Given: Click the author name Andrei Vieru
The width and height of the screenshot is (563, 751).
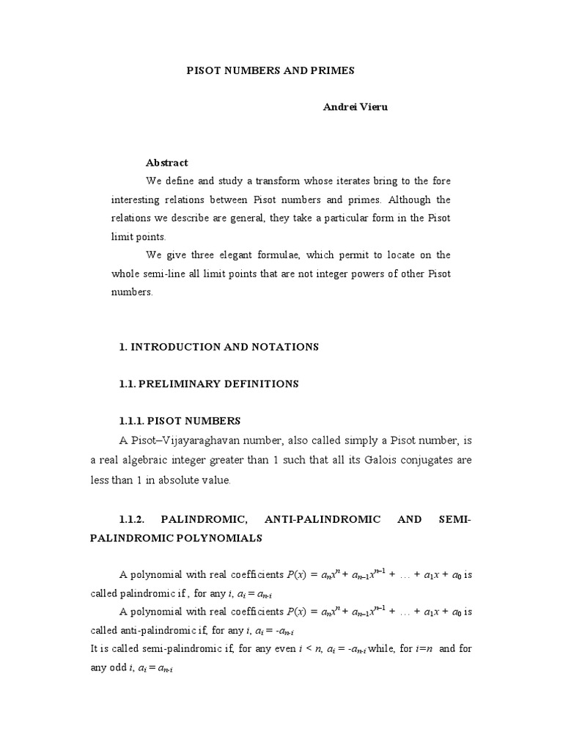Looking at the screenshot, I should click(356, 106).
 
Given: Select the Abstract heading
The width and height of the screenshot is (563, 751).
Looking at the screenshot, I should click(166, 163).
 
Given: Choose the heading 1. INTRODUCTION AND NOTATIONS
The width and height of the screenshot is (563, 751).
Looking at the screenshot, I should click(219, 347).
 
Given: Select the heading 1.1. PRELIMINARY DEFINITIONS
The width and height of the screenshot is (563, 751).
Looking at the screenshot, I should click(209, 384).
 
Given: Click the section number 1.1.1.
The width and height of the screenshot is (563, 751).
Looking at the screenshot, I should click(131, 421).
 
